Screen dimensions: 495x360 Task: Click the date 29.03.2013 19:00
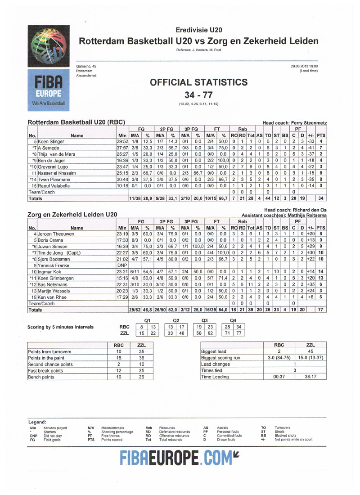[305, 66]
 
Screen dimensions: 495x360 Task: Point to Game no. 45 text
[86, 66]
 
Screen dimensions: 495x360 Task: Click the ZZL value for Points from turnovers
[141, 351]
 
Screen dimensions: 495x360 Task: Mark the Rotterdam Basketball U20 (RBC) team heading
[76, 122]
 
